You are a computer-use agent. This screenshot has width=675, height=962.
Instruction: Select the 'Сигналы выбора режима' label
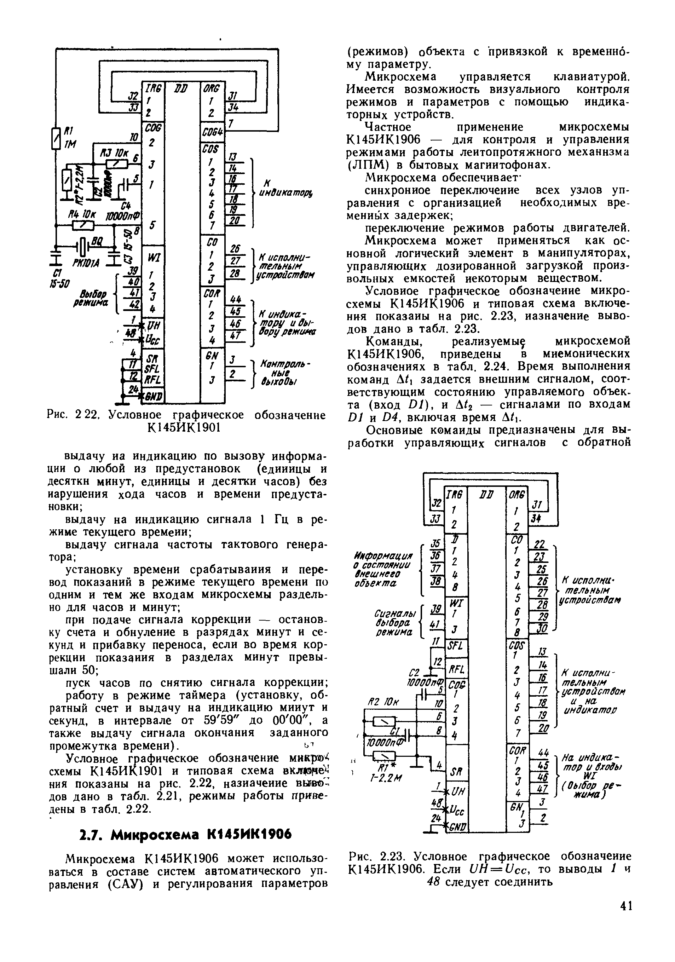394,621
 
